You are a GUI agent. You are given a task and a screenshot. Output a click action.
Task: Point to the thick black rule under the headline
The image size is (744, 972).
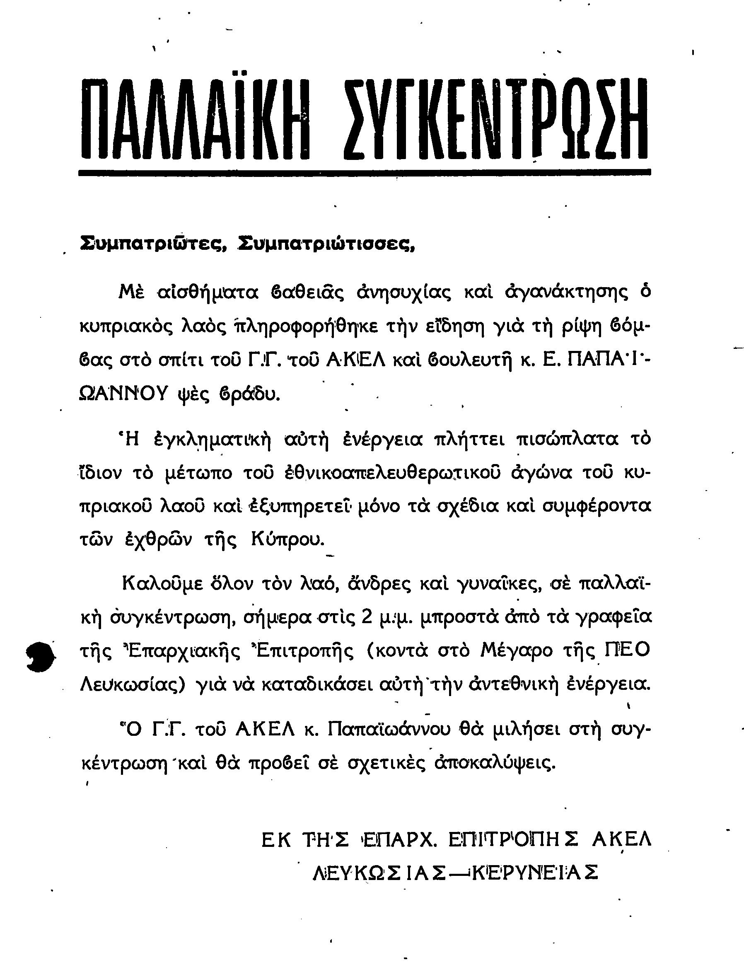(x=365, y=173)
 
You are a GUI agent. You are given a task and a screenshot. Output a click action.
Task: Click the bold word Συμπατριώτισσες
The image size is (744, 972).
(x=326, y=243)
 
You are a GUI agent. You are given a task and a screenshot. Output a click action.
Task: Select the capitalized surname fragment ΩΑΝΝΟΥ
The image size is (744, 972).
(x=124, y=392)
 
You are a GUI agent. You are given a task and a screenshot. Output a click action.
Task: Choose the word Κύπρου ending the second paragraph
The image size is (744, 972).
(x=287, y=539)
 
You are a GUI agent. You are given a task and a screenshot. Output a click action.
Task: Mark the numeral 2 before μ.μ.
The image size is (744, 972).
(x=366, y=617)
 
